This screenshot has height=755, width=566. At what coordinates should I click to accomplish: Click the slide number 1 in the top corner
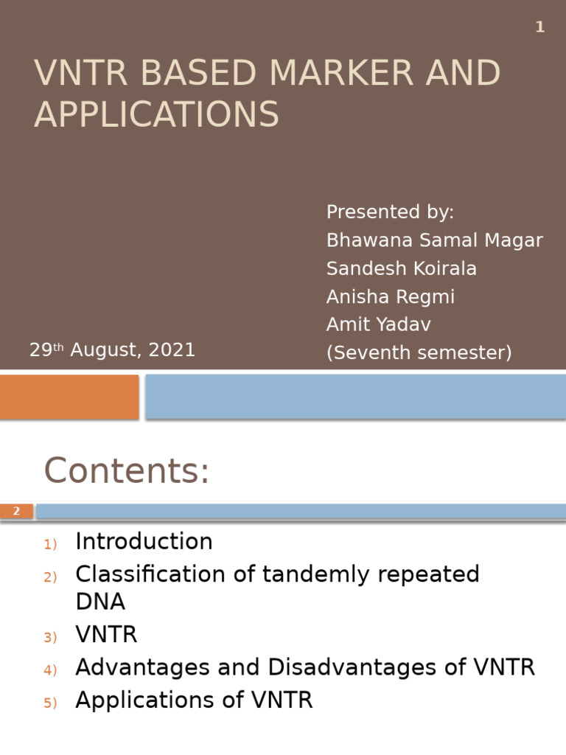[540, 27]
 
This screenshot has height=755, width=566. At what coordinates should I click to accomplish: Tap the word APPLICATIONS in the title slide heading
[156, 114]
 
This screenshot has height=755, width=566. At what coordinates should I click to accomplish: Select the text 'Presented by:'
[390, 212]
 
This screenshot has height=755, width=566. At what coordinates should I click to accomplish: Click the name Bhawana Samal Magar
[434, 240]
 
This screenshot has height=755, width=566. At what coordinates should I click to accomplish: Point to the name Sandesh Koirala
[401, 269]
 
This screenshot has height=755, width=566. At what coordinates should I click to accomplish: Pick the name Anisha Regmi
[391, 297]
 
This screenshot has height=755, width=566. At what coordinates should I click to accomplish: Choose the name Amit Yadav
[379, 325]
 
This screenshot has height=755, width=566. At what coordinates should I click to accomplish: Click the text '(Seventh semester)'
[419, 353]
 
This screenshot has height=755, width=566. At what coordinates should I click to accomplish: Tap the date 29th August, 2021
[112, 350]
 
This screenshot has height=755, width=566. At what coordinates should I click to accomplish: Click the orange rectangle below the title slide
[69, 397]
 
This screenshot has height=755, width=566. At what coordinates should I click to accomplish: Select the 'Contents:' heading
[127, 471]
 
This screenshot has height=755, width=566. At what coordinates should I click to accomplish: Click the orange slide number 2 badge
[16, 511]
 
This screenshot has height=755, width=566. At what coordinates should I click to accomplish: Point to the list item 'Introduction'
[144, 542]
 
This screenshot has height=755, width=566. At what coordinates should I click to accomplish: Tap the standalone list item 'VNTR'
[106, 635]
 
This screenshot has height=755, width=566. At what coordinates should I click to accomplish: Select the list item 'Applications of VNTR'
[194, 700]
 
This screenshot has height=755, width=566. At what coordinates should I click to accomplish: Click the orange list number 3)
[50, 637]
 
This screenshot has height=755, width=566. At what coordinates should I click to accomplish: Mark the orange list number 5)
[50, 703]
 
